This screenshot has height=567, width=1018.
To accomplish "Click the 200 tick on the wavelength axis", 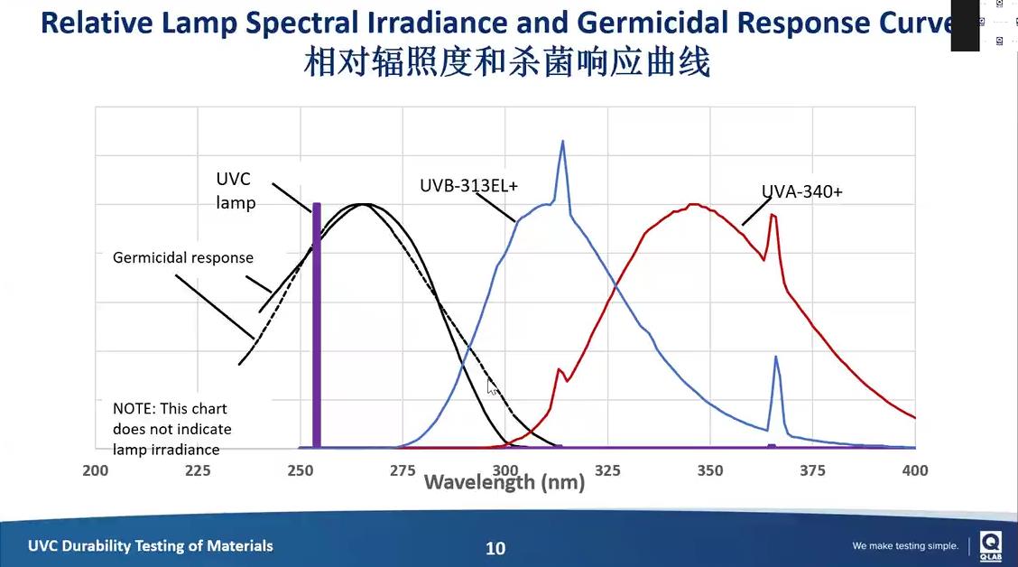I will coord(95,470).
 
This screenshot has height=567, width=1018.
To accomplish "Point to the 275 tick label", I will coord(403,470).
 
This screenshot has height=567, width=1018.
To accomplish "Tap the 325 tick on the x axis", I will coord(608,470).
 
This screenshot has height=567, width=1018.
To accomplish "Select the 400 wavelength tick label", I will coord(915,470).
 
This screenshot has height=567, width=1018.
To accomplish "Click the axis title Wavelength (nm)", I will coord(504,482).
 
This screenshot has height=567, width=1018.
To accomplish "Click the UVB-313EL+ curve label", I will coord(475,186).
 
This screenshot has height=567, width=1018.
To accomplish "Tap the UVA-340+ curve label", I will coord(801,191).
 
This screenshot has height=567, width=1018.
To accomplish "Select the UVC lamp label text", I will coord(236,191).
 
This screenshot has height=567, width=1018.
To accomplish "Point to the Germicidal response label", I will coord(183,258).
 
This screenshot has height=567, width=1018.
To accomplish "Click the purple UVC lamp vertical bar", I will coord(317,325).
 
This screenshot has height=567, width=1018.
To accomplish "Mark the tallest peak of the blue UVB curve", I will coord(562,143).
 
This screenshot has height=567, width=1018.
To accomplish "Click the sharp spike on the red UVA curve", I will coord(773,216).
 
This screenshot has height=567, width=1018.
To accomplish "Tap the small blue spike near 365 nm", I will coord(775,358).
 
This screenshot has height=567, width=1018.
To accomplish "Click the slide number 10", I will coord(495,548).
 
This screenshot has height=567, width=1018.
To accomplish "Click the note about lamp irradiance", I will coord(172,429).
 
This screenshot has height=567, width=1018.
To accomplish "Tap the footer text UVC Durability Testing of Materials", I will coord(151,545).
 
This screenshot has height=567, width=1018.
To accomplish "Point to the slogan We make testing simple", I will coord(905,546).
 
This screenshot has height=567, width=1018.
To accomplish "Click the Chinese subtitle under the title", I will coord(508,63).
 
